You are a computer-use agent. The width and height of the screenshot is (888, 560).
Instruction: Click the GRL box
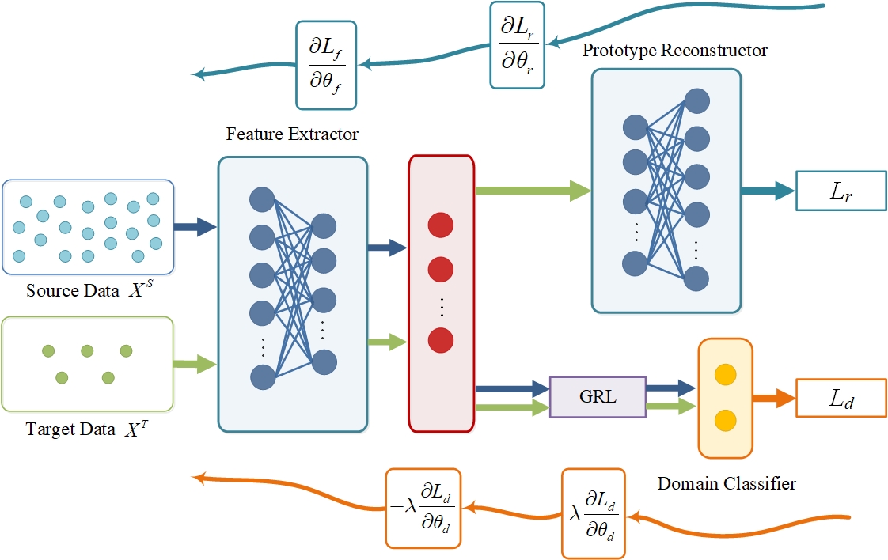click(598, 396)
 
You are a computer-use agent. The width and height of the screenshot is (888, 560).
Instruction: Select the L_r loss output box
click(841, 191)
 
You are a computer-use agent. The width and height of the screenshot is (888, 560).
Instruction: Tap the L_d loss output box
click(841, 399)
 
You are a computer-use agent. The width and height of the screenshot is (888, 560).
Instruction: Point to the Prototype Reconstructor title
click(675, 51)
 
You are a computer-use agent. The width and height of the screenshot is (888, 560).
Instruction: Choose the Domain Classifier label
click(726, 482)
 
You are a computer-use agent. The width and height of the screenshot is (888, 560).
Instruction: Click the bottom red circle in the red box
click(440, 341)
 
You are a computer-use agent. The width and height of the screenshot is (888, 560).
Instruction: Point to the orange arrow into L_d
click(772, 399)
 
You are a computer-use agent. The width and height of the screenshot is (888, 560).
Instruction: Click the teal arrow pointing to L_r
click(768, 190)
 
